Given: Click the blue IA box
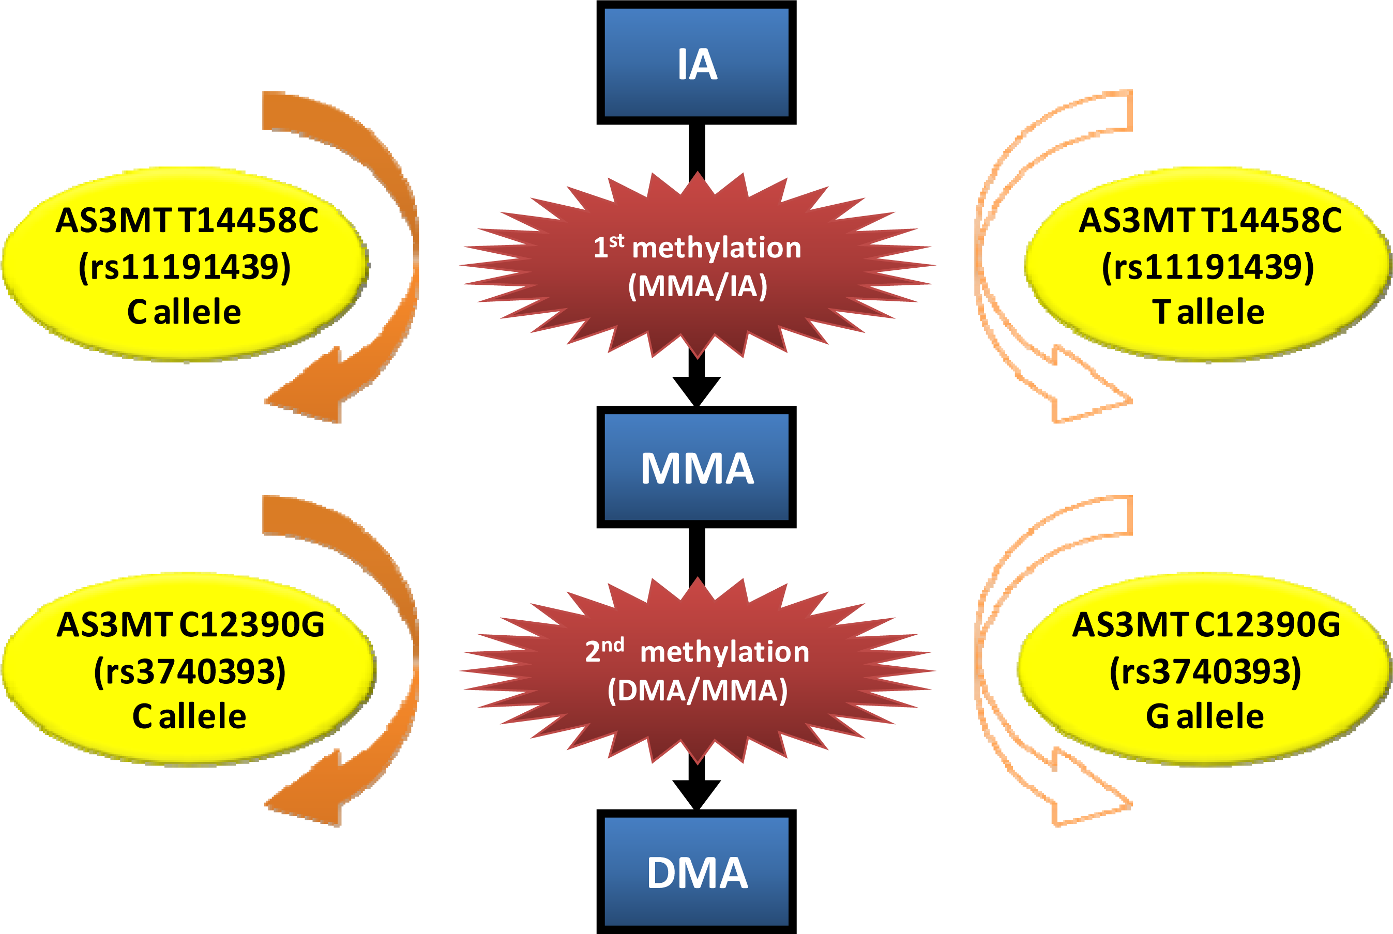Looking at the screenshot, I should [696, 63].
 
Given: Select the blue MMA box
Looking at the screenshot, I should [696, 467].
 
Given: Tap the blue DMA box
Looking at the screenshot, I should [696, 872].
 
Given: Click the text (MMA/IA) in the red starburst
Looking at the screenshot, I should [697, 286].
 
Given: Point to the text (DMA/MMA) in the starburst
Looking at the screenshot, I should [697, 691].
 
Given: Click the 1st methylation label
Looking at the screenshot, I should [697, 247].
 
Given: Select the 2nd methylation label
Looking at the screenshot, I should [697, 651].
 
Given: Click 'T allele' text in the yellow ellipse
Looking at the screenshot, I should [1208, 312].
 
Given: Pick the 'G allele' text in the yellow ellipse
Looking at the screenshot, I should [1204, 715].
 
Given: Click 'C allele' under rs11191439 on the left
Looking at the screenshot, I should [184, 312].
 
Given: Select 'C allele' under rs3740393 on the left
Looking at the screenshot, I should [189, 715].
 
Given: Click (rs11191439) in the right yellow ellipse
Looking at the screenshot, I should [1208, 266].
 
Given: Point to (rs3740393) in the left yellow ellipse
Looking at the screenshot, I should [189, 671].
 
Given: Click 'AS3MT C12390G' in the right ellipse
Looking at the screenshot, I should [1206, 625].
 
